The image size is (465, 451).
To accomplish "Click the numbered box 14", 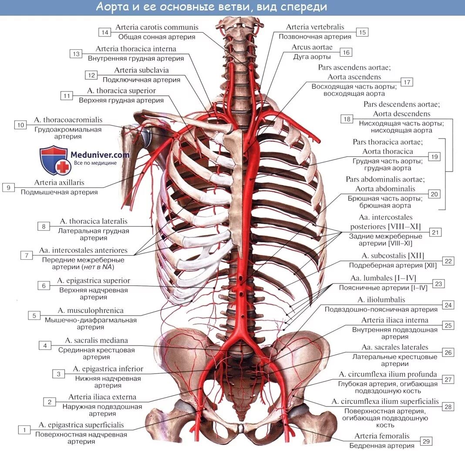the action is [104, 32].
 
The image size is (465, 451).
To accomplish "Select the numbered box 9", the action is [8, 187].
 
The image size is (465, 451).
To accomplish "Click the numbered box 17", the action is [407, 82].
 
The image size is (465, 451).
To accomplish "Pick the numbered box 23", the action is [438, 284].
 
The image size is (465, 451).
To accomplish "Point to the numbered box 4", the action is [45, 346].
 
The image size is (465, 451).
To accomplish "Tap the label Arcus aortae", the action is [312, 47].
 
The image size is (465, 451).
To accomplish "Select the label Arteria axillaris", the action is [59, 183].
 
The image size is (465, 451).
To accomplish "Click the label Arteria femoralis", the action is [382, 436].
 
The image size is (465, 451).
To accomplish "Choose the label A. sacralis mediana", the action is [96, 340].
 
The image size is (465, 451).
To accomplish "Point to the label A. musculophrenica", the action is [91, 311].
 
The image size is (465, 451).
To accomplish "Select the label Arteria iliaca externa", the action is [102, 397].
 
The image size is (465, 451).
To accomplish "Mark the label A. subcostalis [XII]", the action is [392, 256].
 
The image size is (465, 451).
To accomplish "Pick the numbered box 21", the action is [435, 232].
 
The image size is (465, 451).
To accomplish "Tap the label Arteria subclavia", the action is [142, 70].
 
